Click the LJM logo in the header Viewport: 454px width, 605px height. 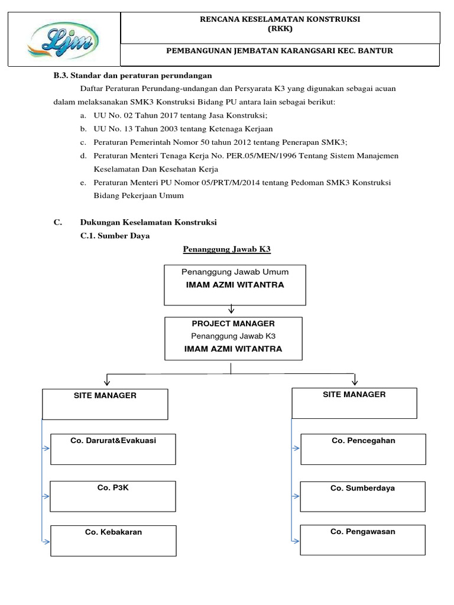coord(63,40)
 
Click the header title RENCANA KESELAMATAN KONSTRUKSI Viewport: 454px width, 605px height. coord(280,19)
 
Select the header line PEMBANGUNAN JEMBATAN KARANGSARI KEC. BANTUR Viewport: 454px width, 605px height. coord(280,51)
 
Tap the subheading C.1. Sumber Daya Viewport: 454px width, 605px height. coord(115,235)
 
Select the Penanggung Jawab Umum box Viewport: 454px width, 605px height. coord(235,285)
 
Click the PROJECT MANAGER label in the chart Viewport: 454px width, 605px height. coord(233,324)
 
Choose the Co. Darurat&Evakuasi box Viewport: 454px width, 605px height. coord(113,449)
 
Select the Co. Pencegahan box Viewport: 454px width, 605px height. coord(363,449)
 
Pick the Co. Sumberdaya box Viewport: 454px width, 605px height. coord(363,496)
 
